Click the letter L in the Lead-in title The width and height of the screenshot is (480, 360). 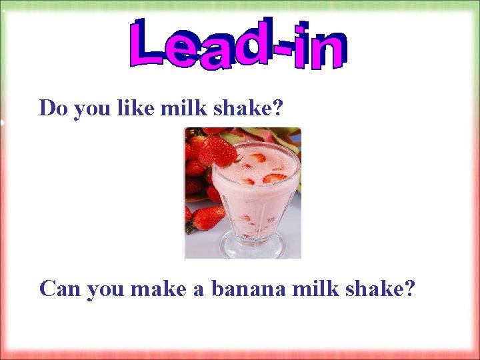[149, 44]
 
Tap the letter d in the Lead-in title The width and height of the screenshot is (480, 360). [251, 44]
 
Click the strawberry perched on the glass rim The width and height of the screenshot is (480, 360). [217, 151]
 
